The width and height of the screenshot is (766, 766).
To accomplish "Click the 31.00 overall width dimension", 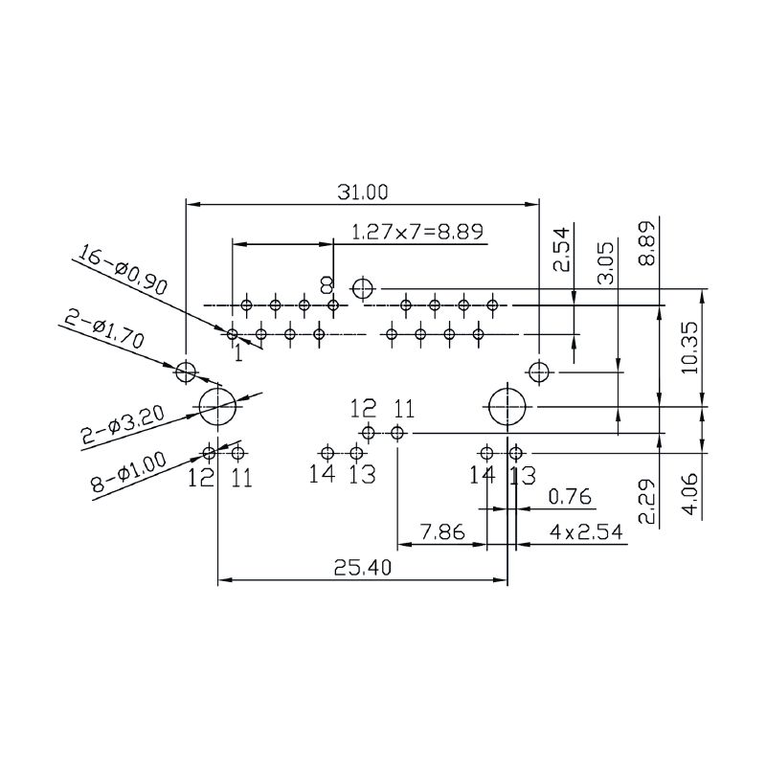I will tap(362, 192).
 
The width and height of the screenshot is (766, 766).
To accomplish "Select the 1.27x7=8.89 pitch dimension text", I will tap(417, 232).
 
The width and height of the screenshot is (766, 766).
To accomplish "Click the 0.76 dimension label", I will tap(571, 497).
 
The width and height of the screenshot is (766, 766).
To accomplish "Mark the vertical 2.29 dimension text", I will tap(647, 502).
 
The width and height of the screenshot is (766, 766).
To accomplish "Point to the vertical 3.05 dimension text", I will tap(605, 264).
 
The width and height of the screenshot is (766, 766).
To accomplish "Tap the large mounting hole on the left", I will tap(217, 407).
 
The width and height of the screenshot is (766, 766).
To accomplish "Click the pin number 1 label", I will tap(237, 353).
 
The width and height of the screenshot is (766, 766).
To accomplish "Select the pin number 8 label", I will tap(327, 285).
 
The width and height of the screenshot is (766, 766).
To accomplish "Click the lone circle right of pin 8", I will tap(362, 287).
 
